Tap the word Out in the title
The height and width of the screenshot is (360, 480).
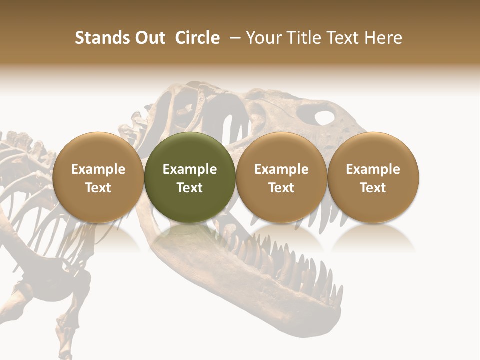(x=149, y=38)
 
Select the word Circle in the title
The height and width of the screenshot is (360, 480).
(x=197, y=38)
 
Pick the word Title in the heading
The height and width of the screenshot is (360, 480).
(x=302, y=38)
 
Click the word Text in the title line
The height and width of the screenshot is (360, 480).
(x=342, y=38)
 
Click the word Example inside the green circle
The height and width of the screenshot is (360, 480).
(x=190, y=169)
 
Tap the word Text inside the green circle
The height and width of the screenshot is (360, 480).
(x=190, y=188)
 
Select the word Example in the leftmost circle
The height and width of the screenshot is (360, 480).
(x=98, y=169)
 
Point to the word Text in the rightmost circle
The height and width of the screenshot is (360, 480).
(x=373, y=188)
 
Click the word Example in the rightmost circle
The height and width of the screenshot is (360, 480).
(x=373, y=169)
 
